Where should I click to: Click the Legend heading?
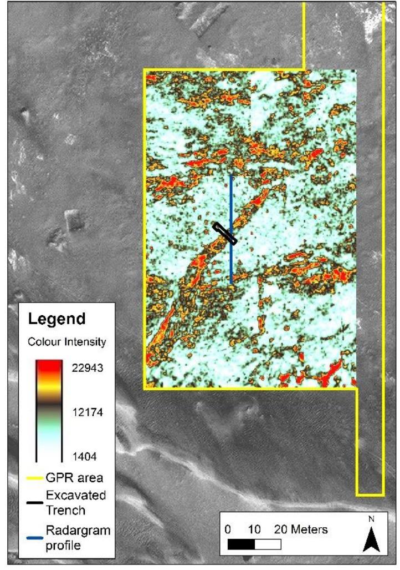click(x=57, y=320)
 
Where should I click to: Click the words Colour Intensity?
click(x=66, y=341)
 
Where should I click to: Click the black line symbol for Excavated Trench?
click(x=34, y=502)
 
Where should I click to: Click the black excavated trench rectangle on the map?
click(x=225, y=233)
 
